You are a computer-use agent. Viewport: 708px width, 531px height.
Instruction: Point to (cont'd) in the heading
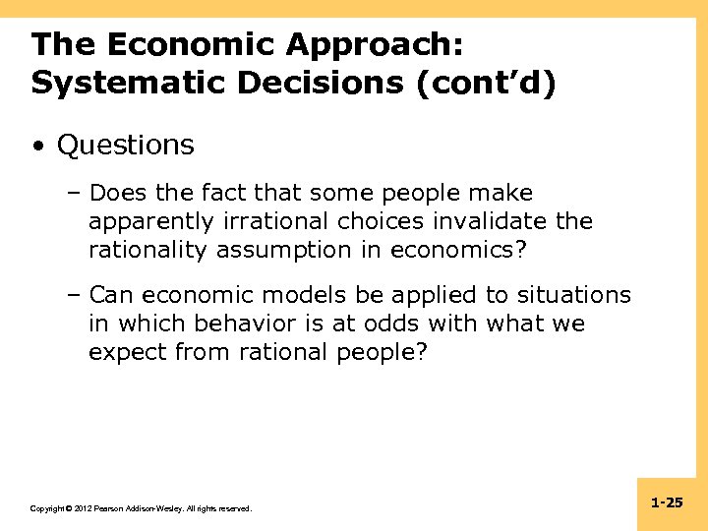[x=484, y=83]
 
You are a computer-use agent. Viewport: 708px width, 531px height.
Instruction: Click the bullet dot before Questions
[x=36, y=147]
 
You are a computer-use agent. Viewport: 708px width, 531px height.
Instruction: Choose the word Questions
[x=126, y=146]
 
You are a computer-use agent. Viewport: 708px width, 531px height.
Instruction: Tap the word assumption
[x=298, y=250]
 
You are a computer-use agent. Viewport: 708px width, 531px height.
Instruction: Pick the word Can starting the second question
[x=110, y=295]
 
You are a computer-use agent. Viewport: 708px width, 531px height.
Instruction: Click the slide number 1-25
[x=667, y=502]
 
